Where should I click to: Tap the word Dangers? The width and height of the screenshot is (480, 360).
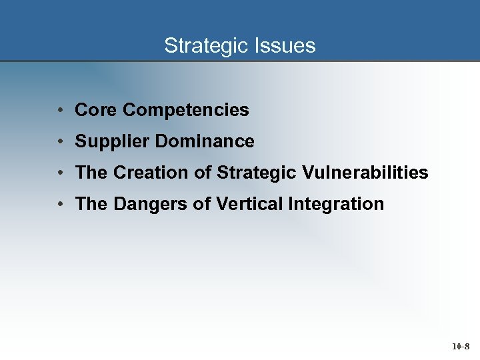(x=151, y=204)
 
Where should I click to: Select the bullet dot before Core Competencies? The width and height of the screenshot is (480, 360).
(x=61, y=110)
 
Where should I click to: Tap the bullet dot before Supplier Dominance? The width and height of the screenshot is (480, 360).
(x=61, y=141)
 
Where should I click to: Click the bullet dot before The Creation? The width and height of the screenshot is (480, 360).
(x=61, y=173)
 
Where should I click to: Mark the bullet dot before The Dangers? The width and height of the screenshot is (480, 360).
(x=61, y=204)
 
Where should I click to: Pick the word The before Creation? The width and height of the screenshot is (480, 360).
(x=92, y=173)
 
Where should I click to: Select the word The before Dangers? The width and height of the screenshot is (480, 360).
(x=92, y=204)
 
